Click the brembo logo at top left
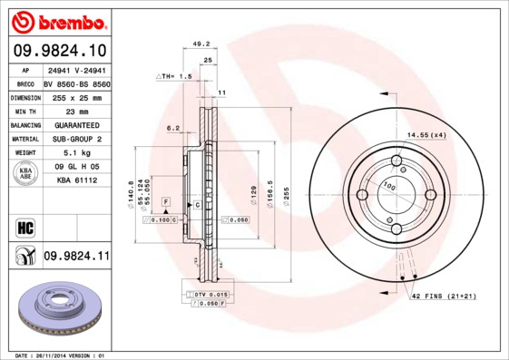[x=56, y=19]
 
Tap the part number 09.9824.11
[x=76, y=257]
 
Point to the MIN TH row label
[x=25, y=111]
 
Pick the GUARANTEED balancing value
[x=71, y=124]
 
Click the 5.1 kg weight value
[x=67, y=153]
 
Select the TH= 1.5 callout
[x=175, y=77]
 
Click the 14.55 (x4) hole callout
[x=426, y=135]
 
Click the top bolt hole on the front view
[x=396, y=162]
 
